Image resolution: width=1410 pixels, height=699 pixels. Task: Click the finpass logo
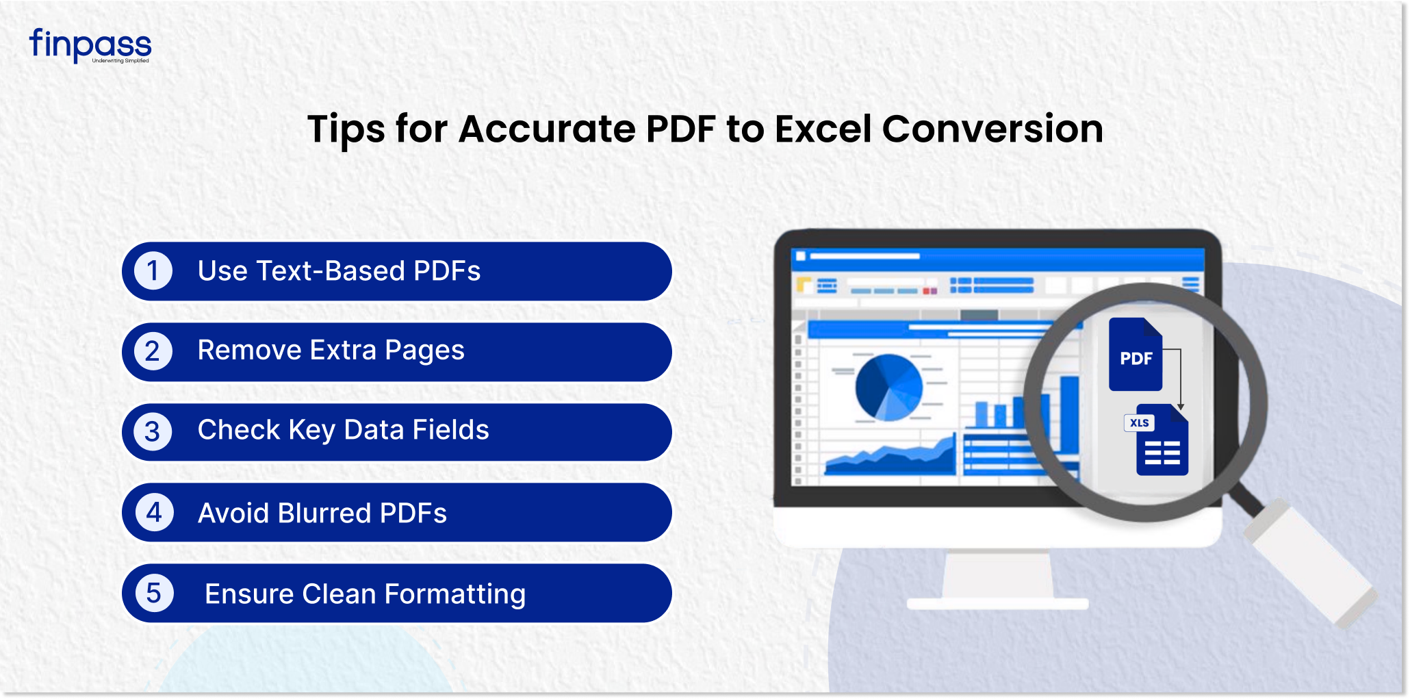tap(90, 46)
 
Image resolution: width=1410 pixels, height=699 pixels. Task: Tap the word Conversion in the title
tap(992, 129)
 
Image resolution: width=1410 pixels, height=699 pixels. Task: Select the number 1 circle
tap(153, 270)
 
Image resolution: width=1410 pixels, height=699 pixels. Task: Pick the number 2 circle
tap(153, 351)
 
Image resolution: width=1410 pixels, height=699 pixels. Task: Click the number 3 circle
tap(153, 431)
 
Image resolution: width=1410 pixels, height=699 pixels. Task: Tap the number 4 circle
tap(155, 512)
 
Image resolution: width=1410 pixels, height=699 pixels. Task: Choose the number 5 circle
tap(155, 593)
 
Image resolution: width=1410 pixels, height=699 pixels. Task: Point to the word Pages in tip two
tap(424, 351)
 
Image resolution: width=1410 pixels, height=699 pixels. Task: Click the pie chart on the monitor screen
tap(888, 387)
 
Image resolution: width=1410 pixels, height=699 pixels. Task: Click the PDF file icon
tap(1136, 355)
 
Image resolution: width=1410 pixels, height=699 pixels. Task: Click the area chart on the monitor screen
tap(890, 456)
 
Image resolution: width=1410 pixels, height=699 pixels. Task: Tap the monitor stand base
tap(997, 604)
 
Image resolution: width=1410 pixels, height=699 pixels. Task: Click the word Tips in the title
tap(346, 130)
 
